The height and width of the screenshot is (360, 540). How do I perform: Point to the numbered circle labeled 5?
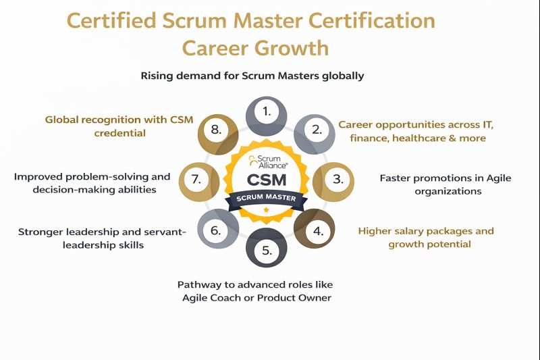coord(267,251)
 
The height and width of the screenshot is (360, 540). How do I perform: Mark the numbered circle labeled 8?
coord(216,130)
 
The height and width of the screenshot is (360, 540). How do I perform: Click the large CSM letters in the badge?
coord(267,180)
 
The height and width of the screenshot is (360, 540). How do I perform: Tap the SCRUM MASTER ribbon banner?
coord(267,198)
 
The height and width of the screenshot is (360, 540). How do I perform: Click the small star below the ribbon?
coord(267,211)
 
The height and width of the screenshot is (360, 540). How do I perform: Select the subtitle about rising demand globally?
coord(252,76)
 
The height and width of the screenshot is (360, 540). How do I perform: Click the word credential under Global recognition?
coord(119,133)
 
